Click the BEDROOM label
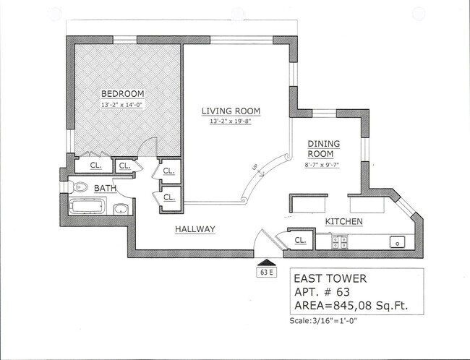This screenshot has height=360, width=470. tap(122, 94)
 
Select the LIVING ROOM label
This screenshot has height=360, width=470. tap(230, 111)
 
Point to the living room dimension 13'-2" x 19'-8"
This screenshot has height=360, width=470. tap(230, 121)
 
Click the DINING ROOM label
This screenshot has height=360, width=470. tap(323, 149)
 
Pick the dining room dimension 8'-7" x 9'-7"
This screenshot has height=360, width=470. tap(323, 166)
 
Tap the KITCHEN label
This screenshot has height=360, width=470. tap(343, 221)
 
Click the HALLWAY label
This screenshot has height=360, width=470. tap(195, 229)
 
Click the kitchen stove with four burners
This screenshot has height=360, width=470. tap(338, 242)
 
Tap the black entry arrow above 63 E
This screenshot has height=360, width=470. tap(267, 262)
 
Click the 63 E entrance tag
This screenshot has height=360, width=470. tap(267, 273)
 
